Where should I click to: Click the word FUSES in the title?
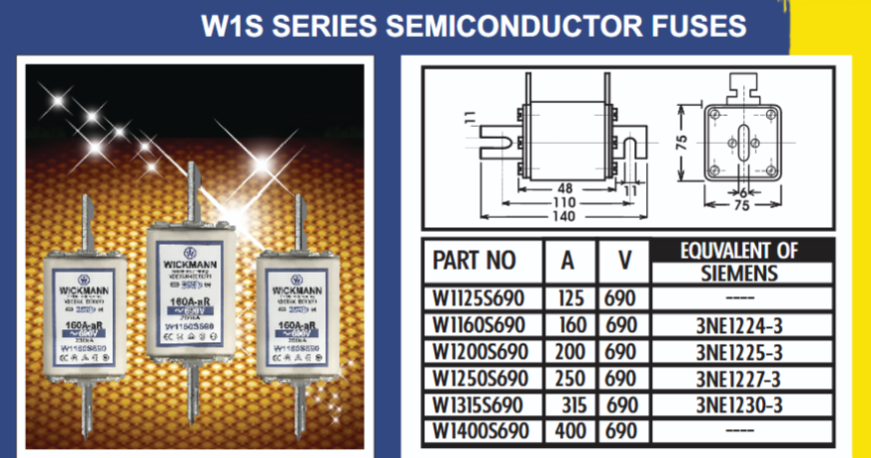tap(693, 24)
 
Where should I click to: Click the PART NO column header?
tap(475, 260)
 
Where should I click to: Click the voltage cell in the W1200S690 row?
tap(621, 352)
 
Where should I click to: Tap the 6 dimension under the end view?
tap(742, 192)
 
